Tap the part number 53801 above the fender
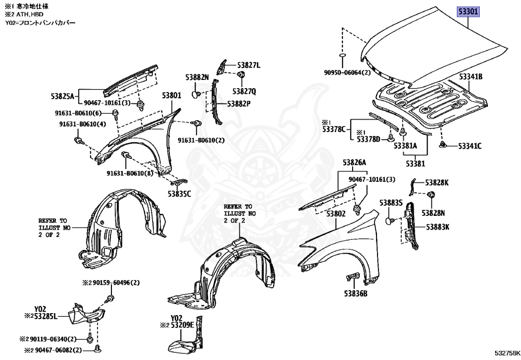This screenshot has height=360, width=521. [171, 95]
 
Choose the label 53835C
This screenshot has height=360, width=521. [179, 193]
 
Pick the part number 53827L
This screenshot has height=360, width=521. [249, 65]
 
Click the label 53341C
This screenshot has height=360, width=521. [470, 146]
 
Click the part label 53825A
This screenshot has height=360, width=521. [63, 96]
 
